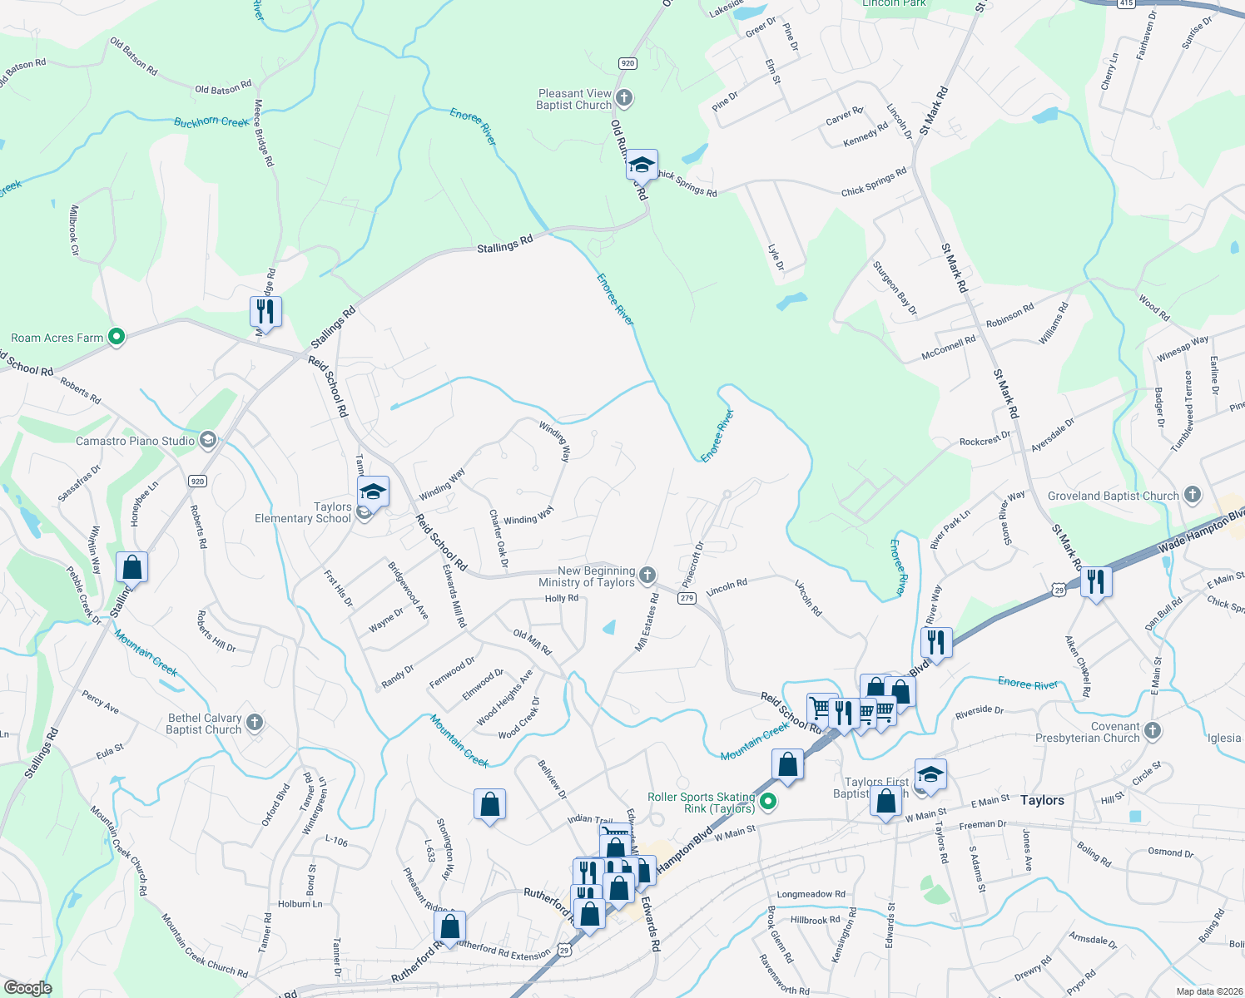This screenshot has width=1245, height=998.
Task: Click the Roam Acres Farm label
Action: coord(57,338)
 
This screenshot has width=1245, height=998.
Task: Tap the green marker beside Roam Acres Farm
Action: coord(117,337)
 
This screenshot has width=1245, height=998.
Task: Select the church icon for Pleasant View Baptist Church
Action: coord(624,99)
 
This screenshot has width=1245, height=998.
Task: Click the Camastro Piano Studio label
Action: coord(135,441)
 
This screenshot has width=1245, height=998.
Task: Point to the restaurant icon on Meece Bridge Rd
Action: coord(265,312)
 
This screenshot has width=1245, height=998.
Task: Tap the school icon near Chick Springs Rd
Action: coord(642,165)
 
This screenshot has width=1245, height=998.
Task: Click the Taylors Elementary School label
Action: coord(303,512)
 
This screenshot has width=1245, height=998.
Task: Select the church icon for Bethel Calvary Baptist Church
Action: coord(255,723)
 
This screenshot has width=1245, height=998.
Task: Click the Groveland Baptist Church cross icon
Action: coord(1193,496)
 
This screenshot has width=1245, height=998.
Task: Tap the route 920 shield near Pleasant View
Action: coord(627,63)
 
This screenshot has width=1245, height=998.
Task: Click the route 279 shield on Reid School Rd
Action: coord(687,598)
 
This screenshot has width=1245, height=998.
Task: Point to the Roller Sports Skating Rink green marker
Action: coord(769,803)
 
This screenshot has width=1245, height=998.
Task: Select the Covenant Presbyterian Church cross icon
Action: coord(1153,731)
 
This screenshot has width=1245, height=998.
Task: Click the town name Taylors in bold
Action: coord(1042,800)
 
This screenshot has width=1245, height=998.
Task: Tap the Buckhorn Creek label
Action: coord(211,122)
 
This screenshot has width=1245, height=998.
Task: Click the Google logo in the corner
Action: coord(28,987)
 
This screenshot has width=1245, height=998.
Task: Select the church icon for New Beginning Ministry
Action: coord(647,576)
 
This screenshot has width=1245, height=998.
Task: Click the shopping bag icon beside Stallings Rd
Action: coord(132,567)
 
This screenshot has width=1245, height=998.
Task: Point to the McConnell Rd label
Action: coord(949,348)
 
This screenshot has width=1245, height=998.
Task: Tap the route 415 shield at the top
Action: coord(1125,4)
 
